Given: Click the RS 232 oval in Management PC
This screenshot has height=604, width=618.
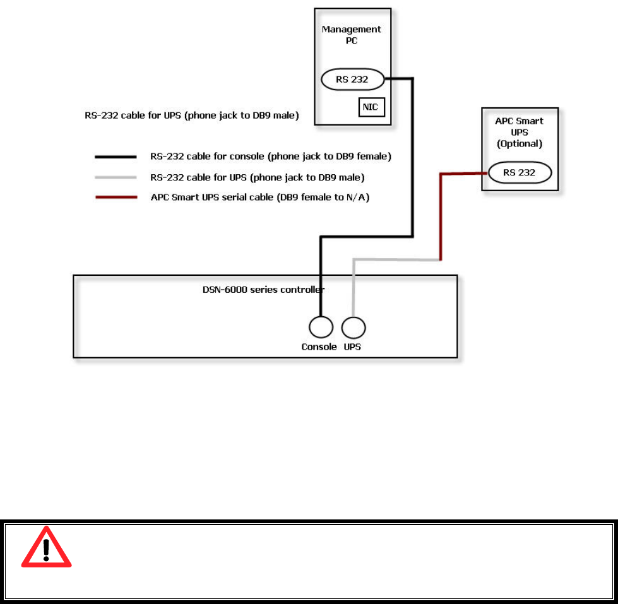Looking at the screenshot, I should (353, 80).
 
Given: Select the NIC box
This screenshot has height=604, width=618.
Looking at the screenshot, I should (371, 107).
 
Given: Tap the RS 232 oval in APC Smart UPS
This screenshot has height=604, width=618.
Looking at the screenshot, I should (520, 172).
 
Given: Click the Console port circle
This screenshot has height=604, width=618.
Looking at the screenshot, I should (321, 328).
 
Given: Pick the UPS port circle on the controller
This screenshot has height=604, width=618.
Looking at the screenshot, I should (354, 328).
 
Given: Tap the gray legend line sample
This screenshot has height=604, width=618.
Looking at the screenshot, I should (116, 177).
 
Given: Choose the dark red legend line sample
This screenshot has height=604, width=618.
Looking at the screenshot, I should (116, 198).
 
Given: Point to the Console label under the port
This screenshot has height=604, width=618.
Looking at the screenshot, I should (319, 347).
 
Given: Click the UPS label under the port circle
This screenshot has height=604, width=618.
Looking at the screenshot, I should (352, 347).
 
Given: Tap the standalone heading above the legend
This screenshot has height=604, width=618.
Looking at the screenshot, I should (192, 115).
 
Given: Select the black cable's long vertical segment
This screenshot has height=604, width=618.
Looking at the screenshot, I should (412, 158).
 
